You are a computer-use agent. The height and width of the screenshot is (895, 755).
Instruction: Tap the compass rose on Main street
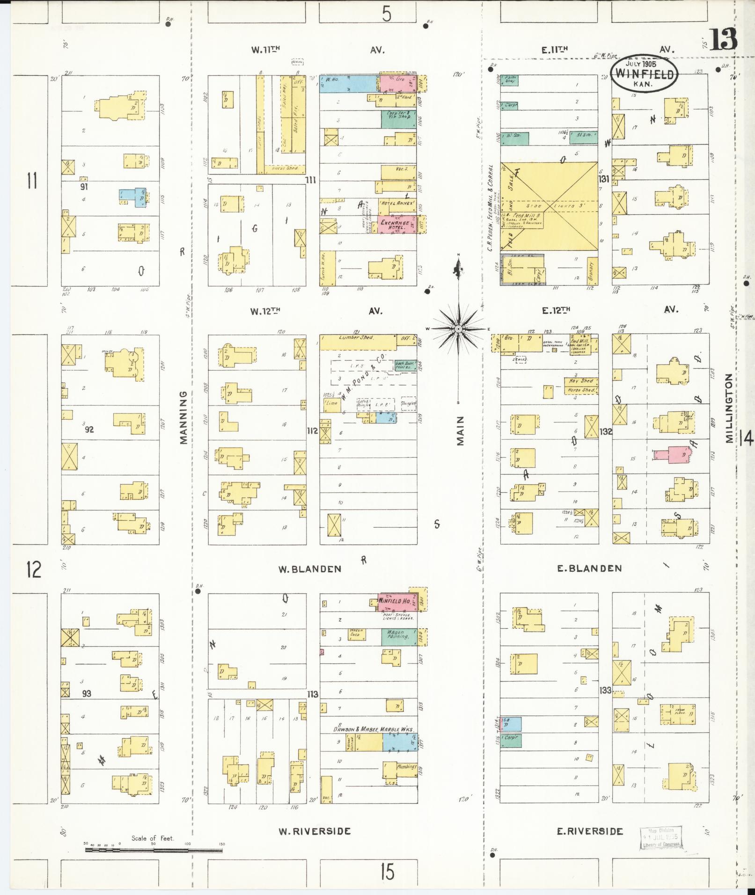coord(459,329)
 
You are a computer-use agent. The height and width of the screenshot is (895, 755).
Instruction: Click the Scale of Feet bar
coord(154,849)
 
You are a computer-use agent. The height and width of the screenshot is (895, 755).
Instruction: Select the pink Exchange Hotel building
coord(396,225)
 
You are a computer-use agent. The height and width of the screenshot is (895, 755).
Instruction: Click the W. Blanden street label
coord(309,569)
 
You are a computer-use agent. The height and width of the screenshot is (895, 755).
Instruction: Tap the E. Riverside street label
coord(590,831)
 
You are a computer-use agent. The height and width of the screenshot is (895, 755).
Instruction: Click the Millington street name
coord(728,407)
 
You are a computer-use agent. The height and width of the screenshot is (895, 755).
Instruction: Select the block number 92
coord(89,429)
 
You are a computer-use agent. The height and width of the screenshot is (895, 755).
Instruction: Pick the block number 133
coord(606,691)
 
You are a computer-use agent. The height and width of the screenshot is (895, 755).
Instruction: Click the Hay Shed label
coord(580,381)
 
